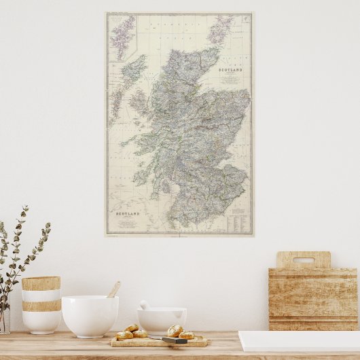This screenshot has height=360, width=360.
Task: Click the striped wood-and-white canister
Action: [41, 304]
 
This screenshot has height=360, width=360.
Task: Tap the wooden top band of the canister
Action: [41, 283]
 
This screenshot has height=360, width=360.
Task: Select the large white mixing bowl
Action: [90, 316]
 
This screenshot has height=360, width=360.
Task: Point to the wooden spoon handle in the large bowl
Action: [114, 289]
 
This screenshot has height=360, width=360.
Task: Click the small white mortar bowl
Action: [162, 319]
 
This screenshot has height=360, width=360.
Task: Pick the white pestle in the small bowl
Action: [144, 305]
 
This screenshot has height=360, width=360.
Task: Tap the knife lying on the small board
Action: [175, 340]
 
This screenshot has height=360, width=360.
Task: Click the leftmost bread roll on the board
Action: [124, 335]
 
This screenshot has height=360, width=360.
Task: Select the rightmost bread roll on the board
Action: [186, 335]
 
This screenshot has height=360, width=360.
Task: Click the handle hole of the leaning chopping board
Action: [303, 260]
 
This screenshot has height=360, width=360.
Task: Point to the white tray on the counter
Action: [298, 340]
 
